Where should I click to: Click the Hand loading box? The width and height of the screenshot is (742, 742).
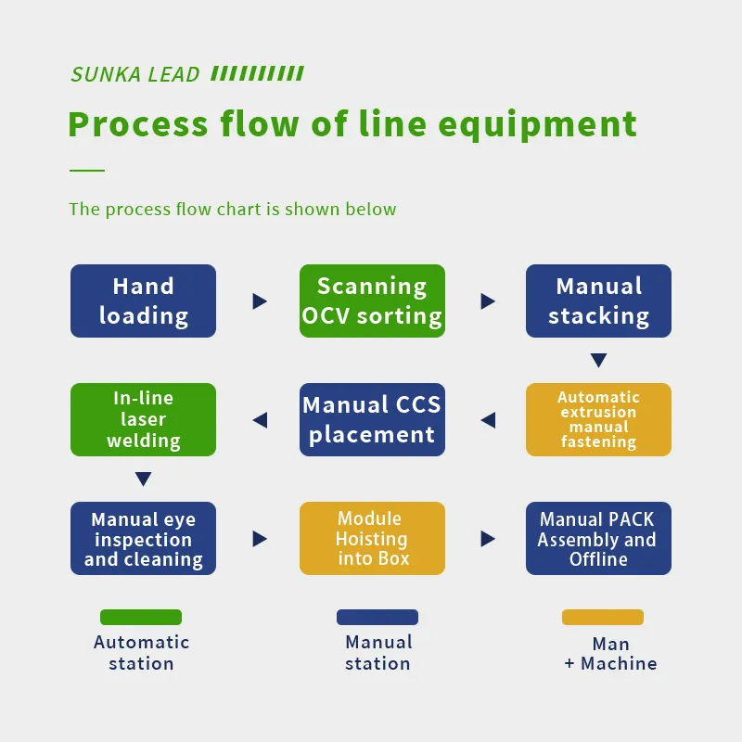click(143, 301)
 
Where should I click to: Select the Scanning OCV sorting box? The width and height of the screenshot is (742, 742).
click(372, 301)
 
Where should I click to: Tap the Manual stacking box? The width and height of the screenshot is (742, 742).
click(598, 301)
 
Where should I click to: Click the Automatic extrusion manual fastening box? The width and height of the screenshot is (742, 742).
click(598, 419)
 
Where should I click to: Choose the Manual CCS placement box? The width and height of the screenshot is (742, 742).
click(372, 419)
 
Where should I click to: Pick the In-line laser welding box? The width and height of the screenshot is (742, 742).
click(143, 419)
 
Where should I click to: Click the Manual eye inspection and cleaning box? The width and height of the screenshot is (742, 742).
click(143, 539)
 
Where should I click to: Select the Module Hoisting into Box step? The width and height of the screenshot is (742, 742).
click(372, 539)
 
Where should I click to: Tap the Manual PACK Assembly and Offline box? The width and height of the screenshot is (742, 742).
click(598, 539)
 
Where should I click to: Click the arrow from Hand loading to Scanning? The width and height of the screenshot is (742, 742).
click(260, 301)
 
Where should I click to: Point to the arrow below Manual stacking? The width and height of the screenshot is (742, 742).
click(598, 361)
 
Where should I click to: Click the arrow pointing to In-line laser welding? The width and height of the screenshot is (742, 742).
click(260, 420)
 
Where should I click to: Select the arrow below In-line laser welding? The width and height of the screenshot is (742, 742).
click(143, 480)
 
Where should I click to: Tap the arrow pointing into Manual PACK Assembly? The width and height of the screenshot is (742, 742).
click(488, 539)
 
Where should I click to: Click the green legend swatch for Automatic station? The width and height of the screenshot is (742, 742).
click(141, 617)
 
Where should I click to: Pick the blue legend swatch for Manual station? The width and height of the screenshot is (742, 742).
click(377, 617)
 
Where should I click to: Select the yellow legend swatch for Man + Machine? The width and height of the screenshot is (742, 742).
click(603, 617)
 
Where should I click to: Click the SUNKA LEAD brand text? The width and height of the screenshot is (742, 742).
click(135, 75)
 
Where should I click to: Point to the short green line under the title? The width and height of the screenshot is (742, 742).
click(87, 171)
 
